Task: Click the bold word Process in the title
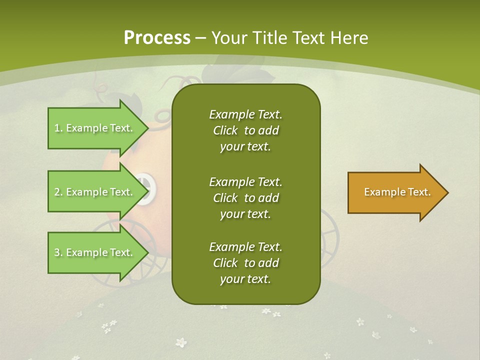(x=157, y=37)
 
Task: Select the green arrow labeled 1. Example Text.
(x=95, y=128)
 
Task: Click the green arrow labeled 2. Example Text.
(x=95, y=192)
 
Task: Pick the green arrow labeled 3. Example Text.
(x=95, y=252)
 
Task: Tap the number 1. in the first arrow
(x=58, y=128)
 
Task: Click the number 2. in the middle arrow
(x=58, y=192)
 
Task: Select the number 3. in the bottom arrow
(x=58, y=252)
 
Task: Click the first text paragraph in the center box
(x=246, y=130)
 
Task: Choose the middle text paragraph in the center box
(x=246, y=198)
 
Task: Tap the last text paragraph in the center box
(x=246, y=263)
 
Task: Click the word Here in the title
(x=349, y=37)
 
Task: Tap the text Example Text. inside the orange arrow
(x=397, y=192)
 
